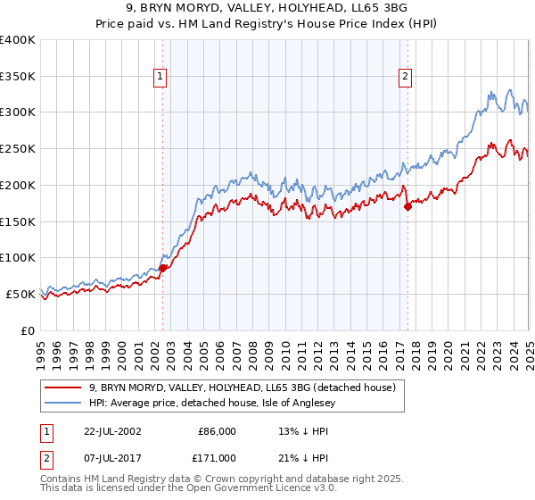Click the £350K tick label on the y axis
pos(17,77)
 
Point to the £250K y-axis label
pos(17,149)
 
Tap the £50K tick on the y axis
pos(21,294)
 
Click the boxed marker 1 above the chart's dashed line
pos(160,77)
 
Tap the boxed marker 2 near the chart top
pos(405,77)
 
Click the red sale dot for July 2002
pos(163,268)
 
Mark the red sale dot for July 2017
pos(407,206)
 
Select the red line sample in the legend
pos(63,387)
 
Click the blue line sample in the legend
pos(63,403)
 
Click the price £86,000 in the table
pos(217,430)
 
